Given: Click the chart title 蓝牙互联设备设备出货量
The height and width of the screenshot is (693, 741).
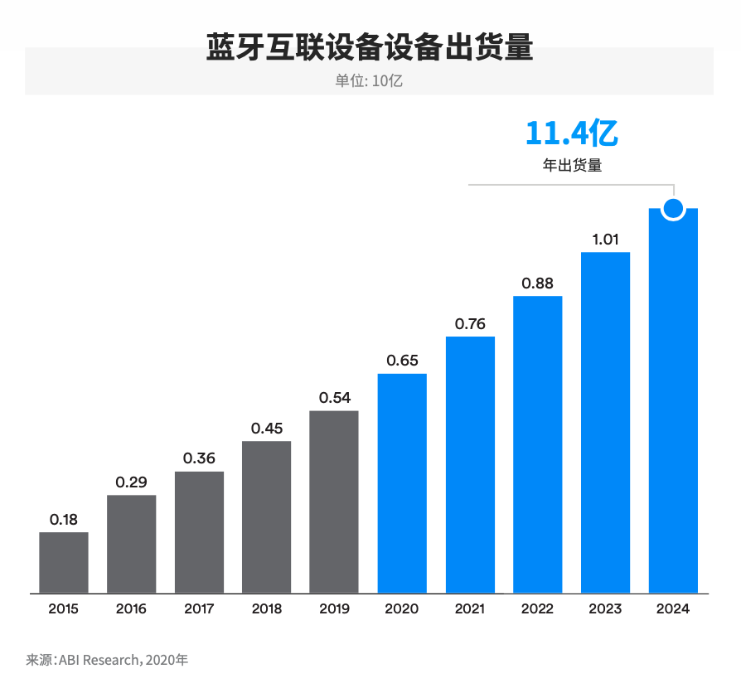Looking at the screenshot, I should point(370,47).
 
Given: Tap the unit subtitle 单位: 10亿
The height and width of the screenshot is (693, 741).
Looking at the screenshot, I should point(370,81).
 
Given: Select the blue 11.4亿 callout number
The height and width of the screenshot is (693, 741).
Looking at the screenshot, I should point(572,133).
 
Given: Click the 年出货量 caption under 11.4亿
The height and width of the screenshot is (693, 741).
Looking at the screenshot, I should point(572,165).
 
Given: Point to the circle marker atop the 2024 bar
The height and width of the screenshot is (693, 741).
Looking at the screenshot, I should point(673,209).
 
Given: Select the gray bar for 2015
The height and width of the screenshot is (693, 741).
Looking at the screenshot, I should point(64,563).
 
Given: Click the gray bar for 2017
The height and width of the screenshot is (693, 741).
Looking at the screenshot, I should point(199,532).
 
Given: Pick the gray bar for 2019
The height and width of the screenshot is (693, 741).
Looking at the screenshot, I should point(334,502).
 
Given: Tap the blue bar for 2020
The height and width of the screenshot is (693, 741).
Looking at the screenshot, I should point(402,483).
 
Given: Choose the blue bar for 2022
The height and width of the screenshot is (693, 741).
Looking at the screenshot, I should point(538,444).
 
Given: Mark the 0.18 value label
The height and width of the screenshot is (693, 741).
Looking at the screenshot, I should point(64,520).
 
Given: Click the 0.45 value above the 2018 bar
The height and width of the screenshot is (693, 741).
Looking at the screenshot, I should point(267,429).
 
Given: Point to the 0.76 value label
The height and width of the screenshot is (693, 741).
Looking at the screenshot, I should point(470,324).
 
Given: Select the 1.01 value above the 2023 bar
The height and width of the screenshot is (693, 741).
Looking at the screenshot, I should point(605,240).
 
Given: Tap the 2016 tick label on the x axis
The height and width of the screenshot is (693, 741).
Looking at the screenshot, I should point(131,609).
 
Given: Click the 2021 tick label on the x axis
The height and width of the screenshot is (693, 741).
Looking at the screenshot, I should point(470,609).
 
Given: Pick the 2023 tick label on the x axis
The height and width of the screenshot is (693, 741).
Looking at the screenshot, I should point(605,609).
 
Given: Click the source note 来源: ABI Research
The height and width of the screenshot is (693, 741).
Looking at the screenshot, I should point(108,661).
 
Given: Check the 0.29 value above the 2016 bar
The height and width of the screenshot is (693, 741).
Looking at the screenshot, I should point(131,482).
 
